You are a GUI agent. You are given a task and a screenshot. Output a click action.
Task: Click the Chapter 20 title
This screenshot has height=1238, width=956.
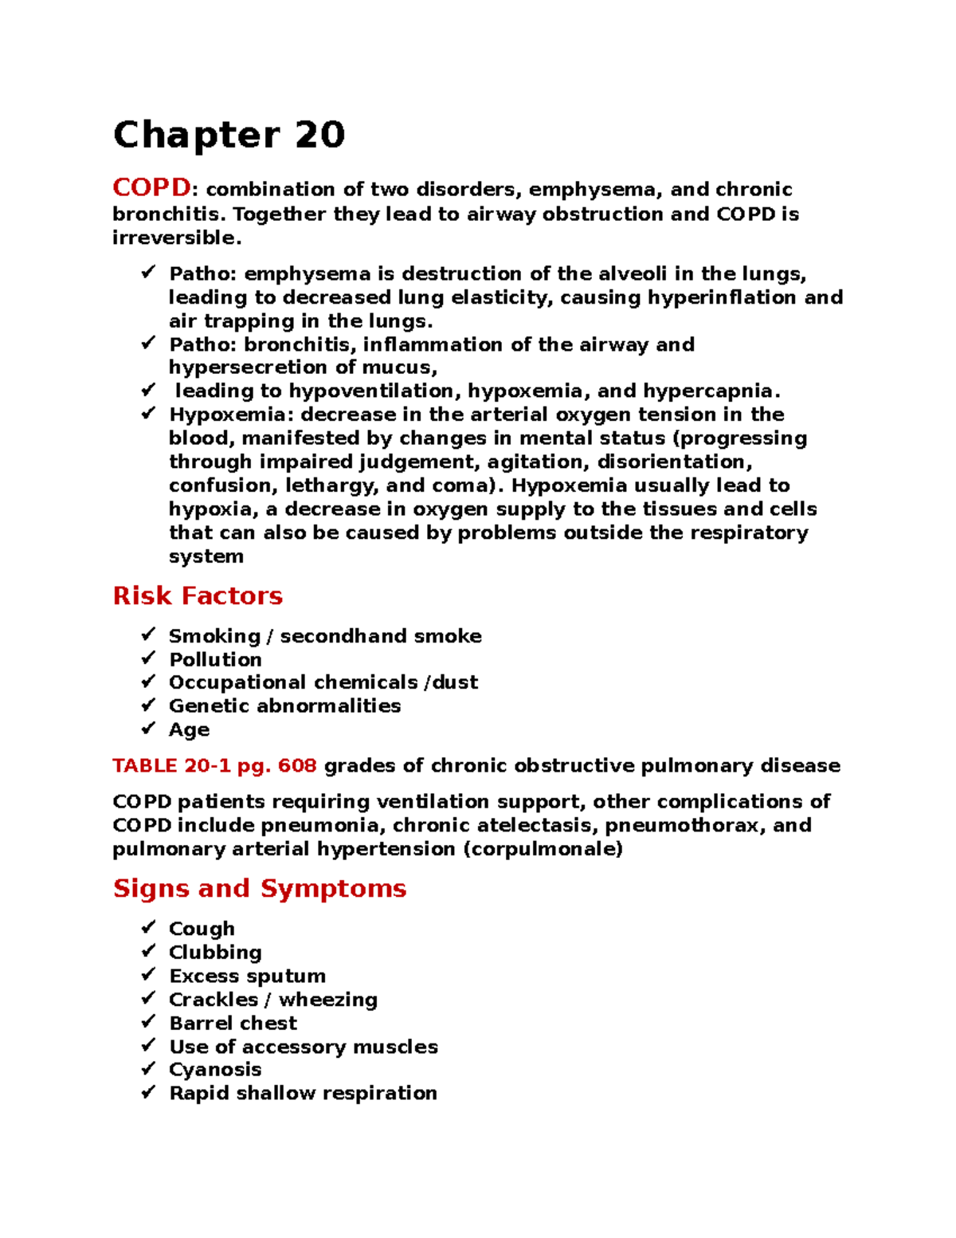coord(229,135)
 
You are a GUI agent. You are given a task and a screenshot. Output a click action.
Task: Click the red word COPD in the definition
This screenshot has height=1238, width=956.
coord(151,188)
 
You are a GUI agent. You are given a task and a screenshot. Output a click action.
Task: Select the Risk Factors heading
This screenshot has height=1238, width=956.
coord(198,595)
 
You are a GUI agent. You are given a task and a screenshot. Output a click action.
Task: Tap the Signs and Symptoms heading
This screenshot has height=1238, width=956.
coord(260,888)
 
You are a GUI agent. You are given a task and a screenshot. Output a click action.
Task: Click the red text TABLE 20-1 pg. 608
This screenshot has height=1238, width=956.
coord(214,765)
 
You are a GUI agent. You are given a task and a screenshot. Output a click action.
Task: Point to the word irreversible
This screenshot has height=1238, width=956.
coord(174,238)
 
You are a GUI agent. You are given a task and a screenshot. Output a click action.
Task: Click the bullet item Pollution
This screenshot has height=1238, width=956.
coord(215,659)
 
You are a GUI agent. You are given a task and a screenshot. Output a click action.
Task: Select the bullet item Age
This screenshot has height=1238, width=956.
coord(189,729)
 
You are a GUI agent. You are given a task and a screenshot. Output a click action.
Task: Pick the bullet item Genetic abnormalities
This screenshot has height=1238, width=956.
coord(284,705)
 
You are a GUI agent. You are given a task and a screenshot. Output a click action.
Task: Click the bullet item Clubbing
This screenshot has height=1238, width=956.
coord(215,952)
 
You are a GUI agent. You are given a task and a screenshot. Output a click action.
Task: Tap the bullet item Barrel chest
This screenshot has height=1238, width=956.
coord(233,1023)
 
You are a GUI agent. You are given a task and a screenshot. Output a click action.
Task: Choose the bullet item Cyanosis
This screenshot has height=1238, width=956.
coord(215,1069)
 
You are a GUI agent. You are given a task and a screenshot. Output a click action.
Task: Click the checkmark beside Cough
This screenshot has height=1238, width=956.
coord(148,927)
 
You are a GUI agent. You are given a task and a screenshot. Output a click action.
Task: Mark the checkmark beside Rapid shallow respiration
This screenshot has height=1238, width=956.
coord(148,1092)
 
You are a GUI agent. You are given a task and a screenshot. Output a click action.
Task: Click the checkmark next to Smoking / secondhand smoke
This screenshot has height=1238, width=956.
coord(148,635)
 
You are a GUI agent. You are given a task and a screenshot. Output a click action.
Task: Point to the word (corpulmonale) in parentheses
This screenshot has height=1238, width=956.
coord(543,849)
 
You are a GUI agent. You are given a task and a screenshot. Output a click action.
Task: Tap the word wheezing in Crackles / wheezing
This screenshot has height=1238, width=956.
coord(328,1000)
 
